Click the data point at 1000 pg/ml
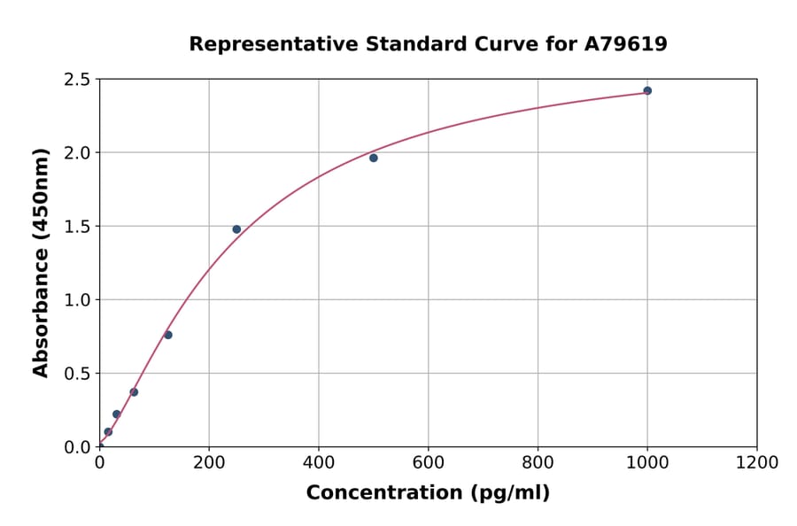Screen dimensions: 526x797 point(647,90)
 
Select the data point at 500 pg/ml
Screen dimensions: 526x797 point(374,158)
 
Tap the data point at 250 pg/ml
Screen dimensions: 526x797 point(236,229)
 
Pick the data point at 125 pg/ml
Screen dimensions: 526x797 point(168,335)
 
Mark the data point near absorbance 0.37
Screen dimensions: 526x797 point(134,391)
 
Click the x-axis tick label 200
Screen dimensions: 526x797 point(209,463)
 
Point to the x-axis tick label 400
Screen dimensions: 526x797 point(319,463)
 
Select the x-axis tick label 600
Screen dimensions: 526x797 point(429,463)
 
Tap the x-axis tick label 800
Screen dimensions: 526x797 point(538,463)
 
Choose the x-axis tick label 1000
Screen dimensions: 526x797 point(647,463)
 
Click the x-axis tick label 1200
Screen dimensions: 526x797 point(757,463)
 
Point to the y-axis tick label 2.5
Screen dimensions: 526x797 point(76,80)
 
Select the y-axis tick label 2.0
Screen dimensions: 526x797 point(76,153)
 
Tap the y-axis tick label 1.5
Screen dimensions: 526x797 point(76,227)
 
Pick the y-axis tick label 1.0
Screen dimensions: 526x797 point(76,300)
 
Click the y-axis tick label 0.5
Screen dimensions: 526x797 point(76,374)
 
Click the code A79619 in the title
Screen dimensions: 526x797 point(627,44)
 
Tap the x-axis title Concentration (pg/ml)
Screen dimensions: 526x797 point(428,493)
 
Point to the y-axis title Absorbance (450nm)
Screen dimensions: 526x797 point(41,262)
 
